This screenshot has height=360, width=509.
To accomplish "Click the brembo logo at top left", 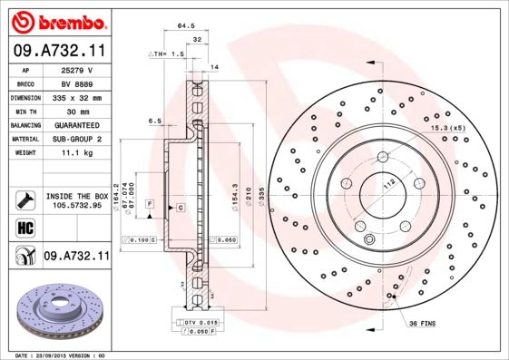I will click(57, 20).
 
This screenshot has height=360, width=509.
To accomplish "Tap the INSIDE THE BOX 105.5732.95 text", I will click(76, 200).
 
